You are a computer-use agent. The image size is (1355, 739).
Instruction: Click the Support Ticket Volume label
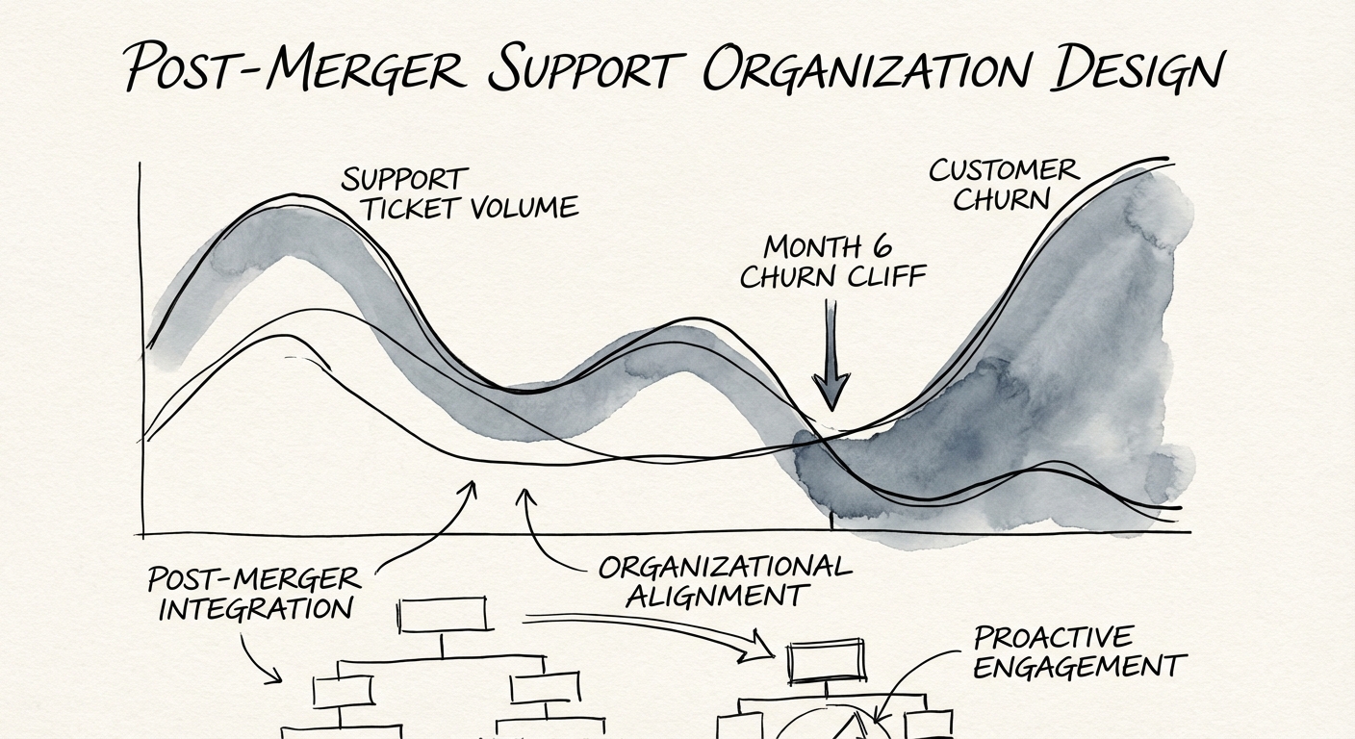click(460, 193)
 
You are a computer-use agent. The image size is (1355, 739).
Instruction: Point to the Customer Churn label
click(1004, 185)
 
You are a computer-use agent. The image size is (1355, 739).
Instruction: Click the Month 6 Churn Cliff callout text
click(832, 262)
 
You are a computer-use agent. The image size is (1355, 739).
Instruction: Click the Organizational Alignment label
click(724, 580)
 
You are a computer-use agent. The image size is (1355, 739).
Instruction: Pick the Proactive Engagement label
click(1075, 652)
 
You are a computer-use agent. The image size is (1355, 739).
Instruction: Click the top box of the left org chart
click(443, 615)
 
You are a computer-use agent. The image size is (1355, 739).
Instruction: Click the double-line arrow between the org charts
click(654, 630)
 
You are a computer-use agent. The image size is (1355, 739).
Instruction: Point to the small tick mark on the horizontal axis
click(831, 523)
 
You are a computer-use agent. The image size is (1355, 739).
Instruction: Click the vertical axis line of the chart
click(141, 346)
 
